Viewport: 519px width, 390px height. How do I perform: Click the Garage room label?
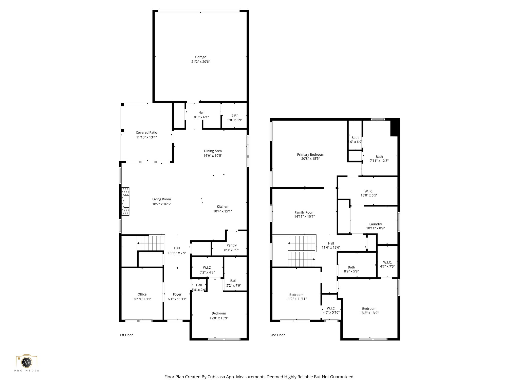200,57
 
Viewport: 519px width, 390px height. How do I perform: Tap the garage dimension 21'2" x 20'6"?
200,62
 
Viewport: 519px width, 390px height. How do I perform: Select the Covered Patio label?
146,133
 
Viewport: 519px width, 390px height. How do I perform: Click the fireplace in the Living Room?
125,201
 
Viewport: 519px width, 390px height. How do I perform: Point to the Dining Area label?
213,151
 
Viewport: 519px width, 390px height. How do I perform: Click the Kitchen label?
222,207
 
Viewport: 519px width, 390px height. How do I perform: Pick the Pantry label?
231,245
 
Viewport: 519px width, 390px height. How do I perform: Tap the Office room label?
142,295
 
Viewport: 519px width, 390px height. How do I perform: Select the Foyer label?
177,295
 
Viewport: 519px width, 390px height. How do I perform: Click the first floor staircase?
151,243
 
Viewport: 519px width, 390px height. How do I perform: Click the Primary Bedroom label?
310,155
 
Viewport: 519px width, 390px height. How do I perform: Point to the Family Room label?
304,213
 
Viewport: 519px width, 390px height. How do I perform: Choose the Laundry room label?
375,224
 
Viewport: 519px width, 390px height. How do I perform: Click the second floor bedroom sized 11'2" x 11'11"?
296,297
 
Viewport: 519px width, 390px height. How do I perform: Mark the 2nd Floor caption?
277,335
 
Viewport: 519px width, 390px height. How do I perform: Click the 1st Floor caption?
126,335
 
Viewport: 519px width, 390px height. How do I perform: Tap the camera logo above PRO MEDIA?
27,362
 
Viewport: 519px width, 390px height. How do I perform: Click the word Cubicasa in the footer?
217,377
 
